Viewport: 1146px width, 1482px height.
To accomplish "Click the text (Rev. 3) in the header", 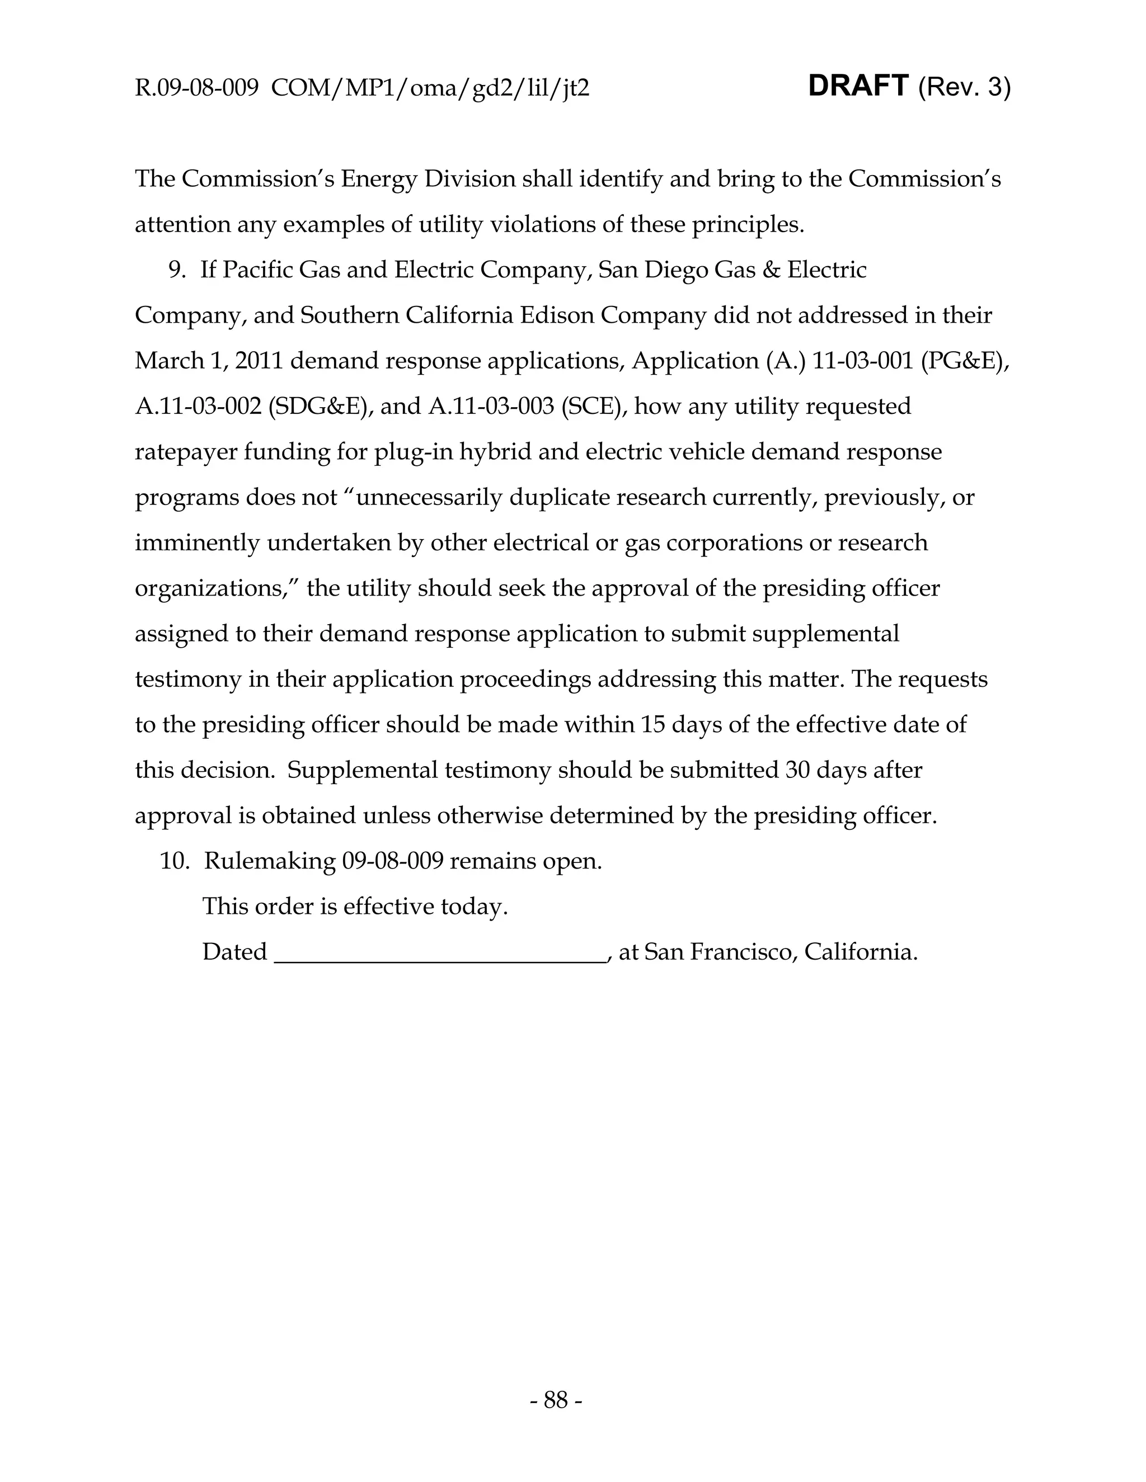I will (x=964, y=88).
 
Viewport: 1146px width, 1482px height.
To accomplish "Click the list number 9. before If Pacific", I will (x=178, y=270).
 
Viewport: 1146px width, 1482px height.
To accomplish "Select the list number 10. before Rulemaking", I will (x=175, y=861).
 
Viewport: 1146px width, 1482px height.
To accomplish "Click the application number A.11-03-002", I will (x=198, y=407).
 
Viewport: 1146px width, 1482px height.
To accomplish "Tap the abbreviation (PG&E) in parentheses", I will (x=965, y=361).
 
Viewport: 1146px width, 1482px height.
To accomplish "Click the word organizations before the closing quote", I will (x=213, y=588).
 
